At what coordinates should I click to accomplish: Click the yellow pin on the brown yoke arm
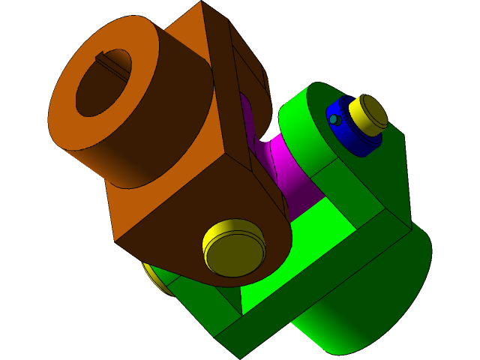[x=234, y=247]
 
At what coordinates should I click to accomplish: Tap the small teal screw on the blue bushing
[x=334, y=119]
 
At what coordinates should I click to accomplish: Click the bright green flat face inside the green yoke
[x=300, y=247]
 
